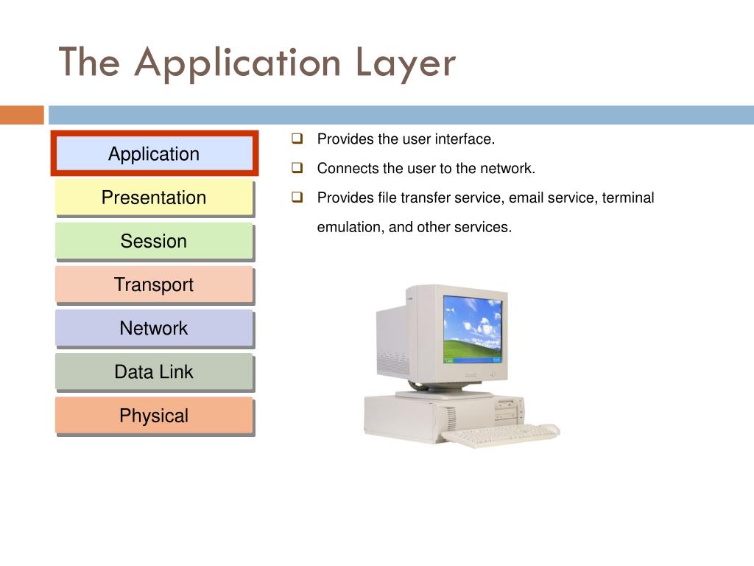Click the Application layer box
point(154,154)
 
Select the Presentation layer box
point(154,198)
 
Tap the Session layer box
point(154,241)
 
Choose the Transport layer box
point(154,284)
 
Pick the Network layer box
point(154,328)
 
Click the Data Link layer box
point(154,371)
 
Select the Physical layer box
point(154,416)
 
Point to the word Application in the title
point(237,63)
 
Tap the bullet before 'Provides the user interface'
point(297,138)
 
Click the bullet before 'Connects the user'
point(297,167)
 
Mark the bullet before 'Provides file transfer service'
point(297,197)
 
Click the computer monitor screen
point(473,329)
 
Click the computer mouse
point(549,429)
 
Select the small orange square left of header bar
point(21,115)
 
